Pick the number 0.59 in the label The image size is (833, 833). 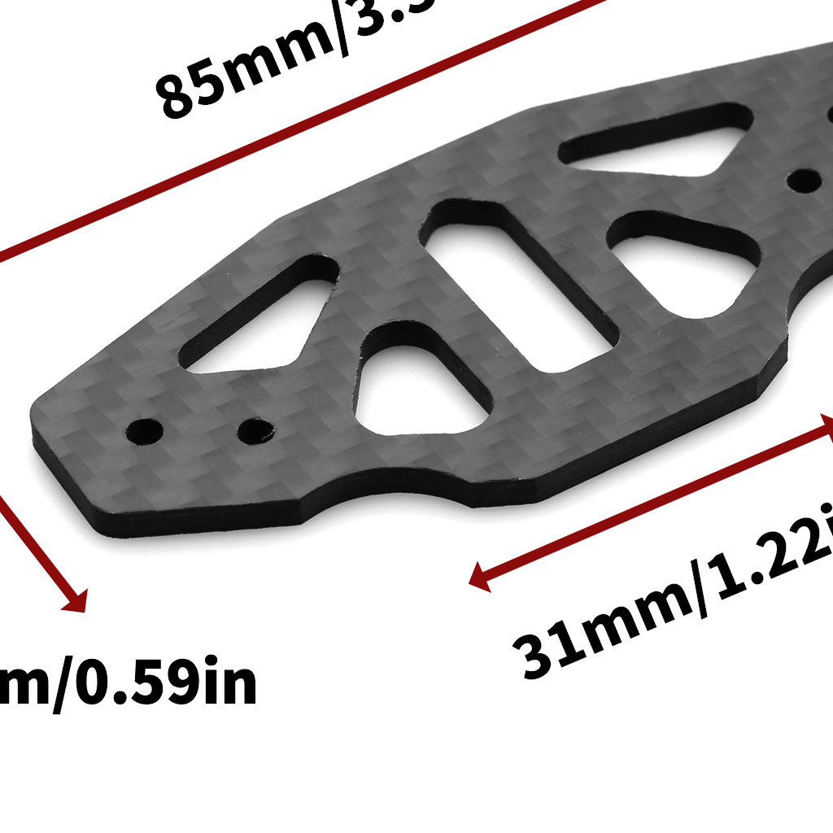coord(138,684)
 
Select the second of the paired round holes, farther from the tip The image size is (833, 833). coord(255,428)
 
